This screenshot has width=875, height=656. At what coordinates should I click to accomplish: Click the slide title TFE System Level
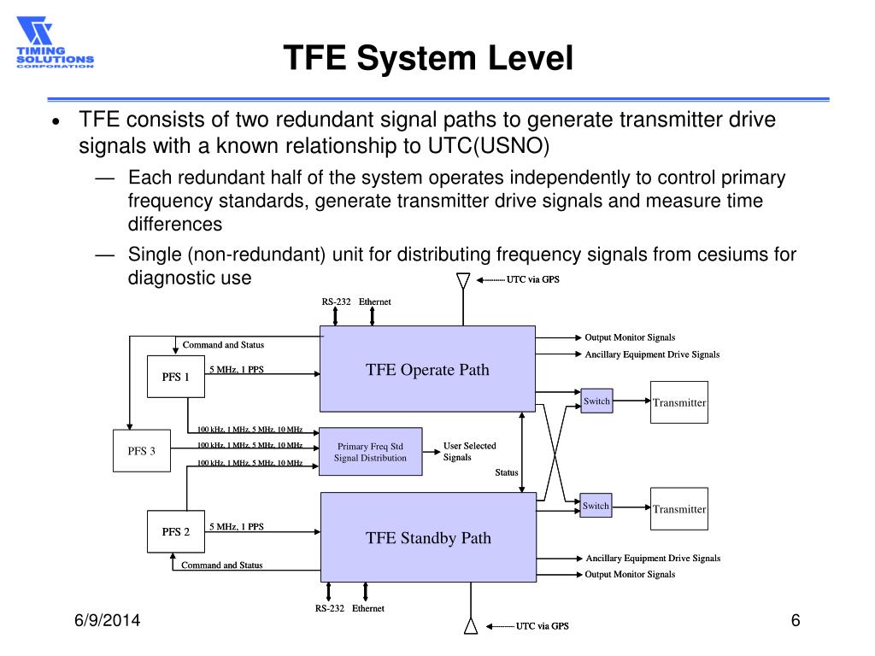click(x=427, y=58)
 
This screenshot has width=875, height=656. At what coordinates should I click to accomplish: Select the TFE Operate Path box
click(x=427, y=369)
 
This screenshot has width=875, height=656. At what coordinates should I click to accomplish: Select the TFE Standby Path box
click(x=427, y=536)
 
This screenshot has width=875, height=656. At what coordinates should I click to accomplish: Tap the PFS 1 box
click(x=176, y=377)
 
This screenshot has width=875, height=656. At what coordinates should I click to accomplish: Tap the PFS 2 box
click(x=176, y=531)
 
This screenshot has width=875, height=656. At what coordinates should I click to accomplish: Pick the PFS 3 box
click(x=142, y=451)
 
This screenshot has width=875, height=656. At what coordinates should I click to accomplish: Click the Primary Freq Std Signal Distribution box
click(x=370, y=451)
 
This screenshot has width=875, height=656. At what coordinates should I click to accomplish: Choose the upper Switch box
click(x=596, y=401)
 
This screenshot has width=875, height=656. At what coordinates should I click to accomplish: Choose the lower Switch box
click(x=596, y=506)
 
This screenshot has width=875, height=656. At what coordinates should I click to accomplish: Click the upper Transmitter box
click(x=679, y=402)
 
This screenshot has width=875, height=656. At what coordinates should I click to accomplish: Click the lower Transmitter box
click(x=679, y=509)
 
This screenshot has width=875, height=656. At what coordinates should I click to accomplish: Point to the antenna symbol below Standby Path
click(x=470, y=625)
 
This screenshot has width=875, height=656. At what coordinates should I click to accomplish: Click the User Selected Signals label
click(x=469, y=451)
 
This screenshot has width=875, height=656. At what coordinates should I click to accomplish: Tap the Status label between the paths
click(x=507, y=472)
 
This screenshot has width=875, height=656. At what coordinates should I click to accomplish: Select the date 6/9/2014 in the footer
click(x=106, y=622)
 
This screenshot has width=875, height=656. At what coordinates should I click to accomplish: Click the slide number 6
click(x=795, y=621)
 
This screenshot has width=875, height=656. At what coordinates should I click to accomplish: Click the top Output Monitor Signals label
click(x=630, y=337)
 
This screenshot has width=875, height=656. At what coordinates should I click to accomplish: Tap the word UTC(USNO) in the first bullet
click(x=488, y=145)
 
